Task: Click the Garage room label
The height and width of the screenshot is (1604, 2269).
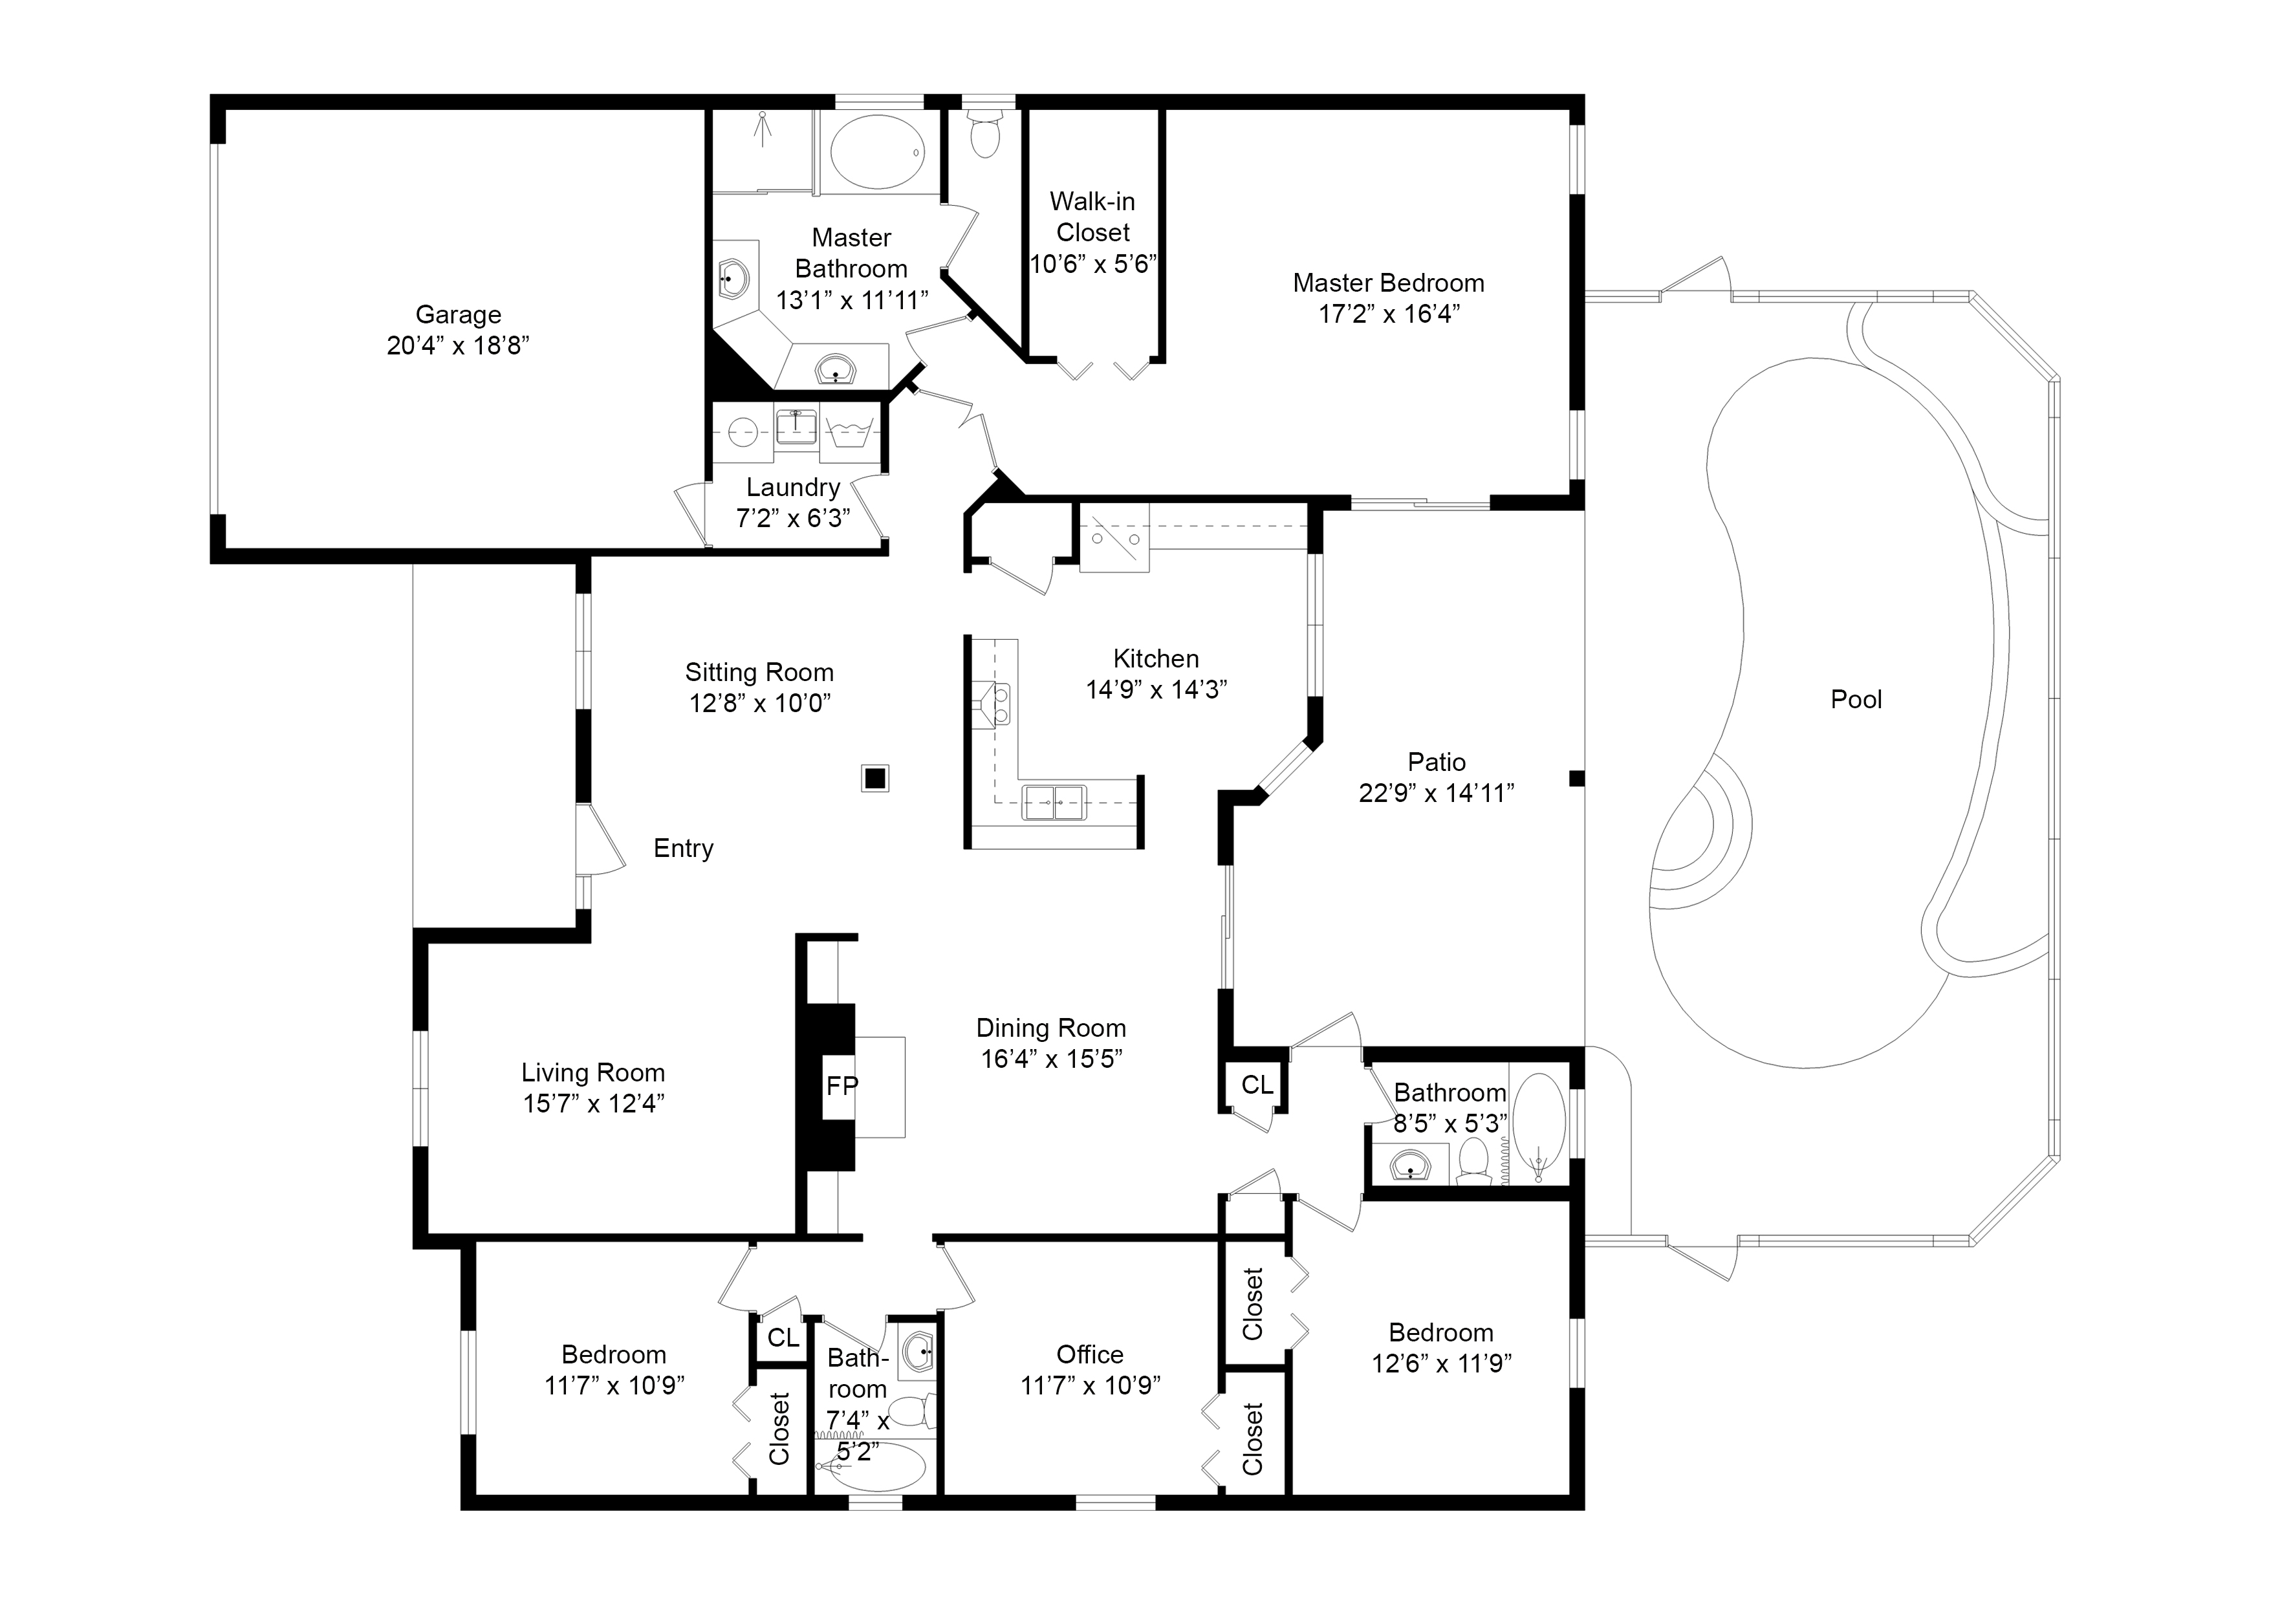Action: coord(459,314)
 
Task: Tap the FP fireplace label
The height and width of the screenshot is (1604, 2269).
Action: coord(842,1086)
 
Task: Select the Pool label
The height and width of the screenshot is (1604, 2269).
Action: coord(1856,700)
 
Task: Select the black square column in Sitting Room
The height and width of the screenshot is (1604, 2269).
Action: coord(874,779)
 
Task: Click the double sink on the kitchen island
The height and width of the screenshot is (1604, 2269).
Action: coord(1054,803)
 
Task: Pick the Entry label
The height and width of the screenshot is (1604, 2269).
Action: coord(684,848)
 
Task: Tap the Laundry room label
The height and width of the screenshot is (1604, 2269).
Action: coord(792,487)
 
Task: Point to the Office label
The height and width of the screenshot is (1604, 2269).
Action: coord(1090,1354)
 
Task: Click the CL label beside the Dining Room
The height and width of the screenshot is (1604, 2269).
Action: coord(1257,1085)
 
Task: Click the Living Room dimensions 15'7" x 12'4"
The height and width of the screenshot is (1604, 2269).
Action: coord(594,1103)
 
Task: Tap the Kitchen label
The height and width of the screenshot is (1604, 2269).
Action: coord(1156,659)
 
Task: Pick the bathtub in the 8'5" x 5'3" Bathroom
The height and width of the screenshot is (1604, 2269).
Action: coord(1539,1129)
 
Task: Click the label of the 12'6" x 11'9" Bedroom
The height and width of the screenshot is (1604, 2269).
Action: coord(1441,1332)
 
